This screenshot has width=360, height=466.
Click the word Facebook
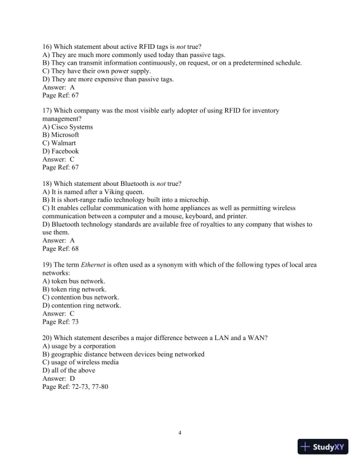click(65, 151)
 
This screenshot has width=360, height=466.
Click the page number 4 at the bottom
click(180, 433)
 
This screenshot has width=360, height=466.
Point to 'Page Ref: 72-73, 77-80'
click(76, 387)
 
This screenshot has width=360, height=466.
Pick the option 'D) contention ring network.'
click(82, 306)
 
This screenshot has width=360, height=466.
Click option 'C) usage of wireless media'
click(81, 362)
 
